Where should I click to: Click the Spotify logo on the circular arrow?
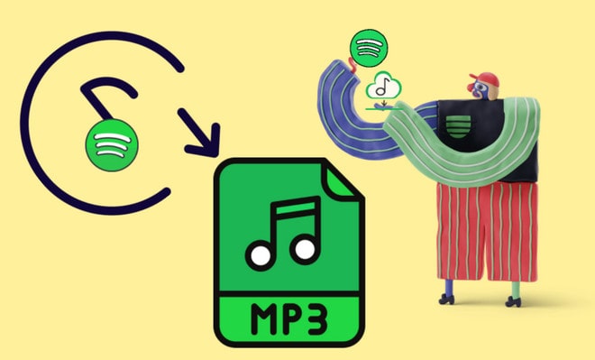tap(106, 143)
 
